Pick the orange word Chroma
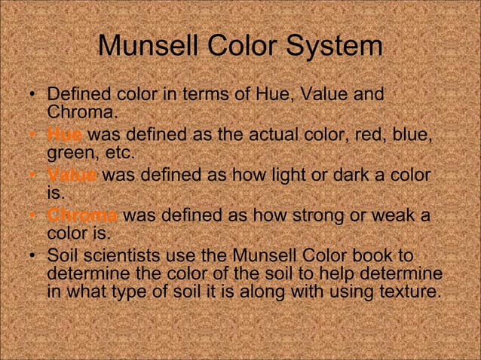click(81, 216)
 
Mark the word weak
click(396, 216)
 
